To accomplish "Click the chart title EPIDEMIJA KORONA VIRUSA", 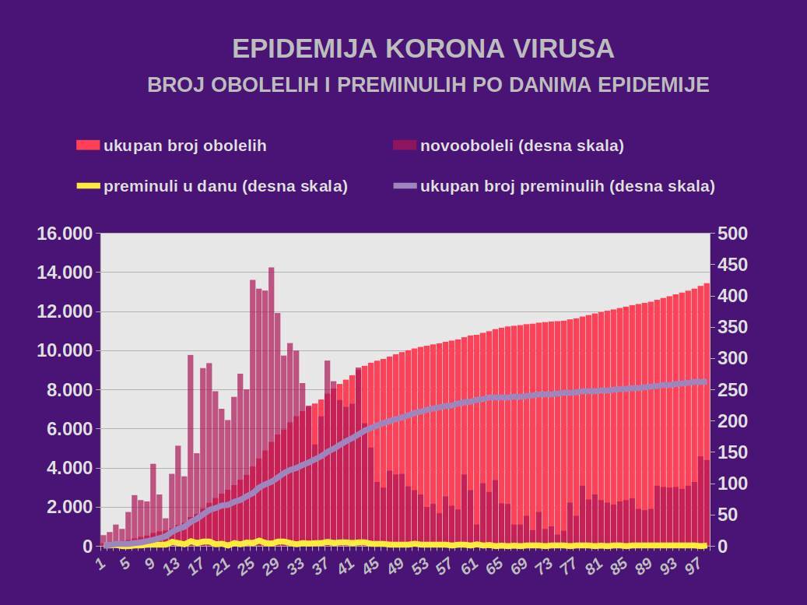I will coord(423,48).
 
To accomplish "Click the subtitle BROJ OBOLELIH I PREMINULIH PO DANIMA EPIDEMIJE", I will coord(428,85).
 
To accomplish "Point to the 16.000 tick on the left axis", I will coord(65,234).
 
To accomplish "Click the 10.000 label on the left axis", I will coord(65,351).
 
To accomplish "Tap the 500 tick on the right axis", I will coord(732,234).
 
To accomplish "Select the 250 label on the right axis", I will coord(732,390).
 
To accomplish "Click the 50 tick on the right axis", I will coord(727,515).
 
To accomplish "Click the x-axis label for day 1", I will coord(100,562).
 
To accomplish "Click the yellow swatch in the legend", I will coord(88,186).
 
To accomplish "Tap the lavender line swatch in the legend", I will coord(405,186).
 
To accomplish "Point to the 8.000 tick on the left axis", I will coord(70,390).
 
